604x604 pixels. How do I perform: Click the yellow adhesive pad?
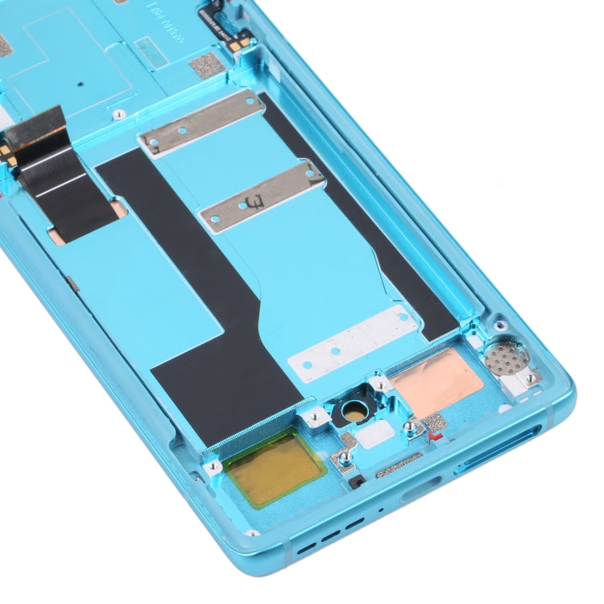pos(275,467)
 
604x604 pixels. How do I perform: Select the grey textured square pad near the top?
pos(205,67)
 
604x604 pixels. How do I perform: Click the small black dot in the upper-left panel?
pos(81,82)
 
